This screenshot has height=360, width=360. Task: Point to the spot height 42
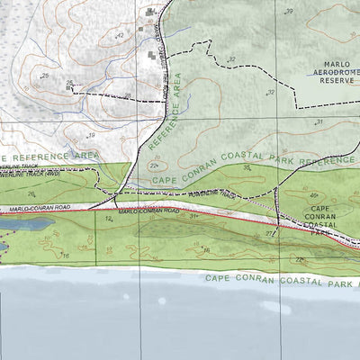(120, 34)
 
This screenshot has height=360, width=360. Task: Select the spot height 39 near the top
(288, 12)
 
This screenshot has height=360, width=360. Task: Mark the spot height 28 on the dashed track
(128, 95)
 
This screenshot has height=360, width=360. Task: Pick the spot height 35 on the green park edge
(246, 167)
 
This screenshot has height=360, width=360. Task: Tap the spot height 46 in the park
(313, 194)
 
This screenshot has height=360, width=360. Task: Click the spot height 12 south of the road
(110, 218)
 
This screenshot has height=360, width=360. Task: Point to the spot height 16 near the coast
(65, 256)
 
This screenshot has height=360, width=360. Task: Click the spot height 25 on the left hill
(44, 77)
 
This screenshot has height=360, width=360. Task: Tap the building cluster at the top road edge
(151, 14)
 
